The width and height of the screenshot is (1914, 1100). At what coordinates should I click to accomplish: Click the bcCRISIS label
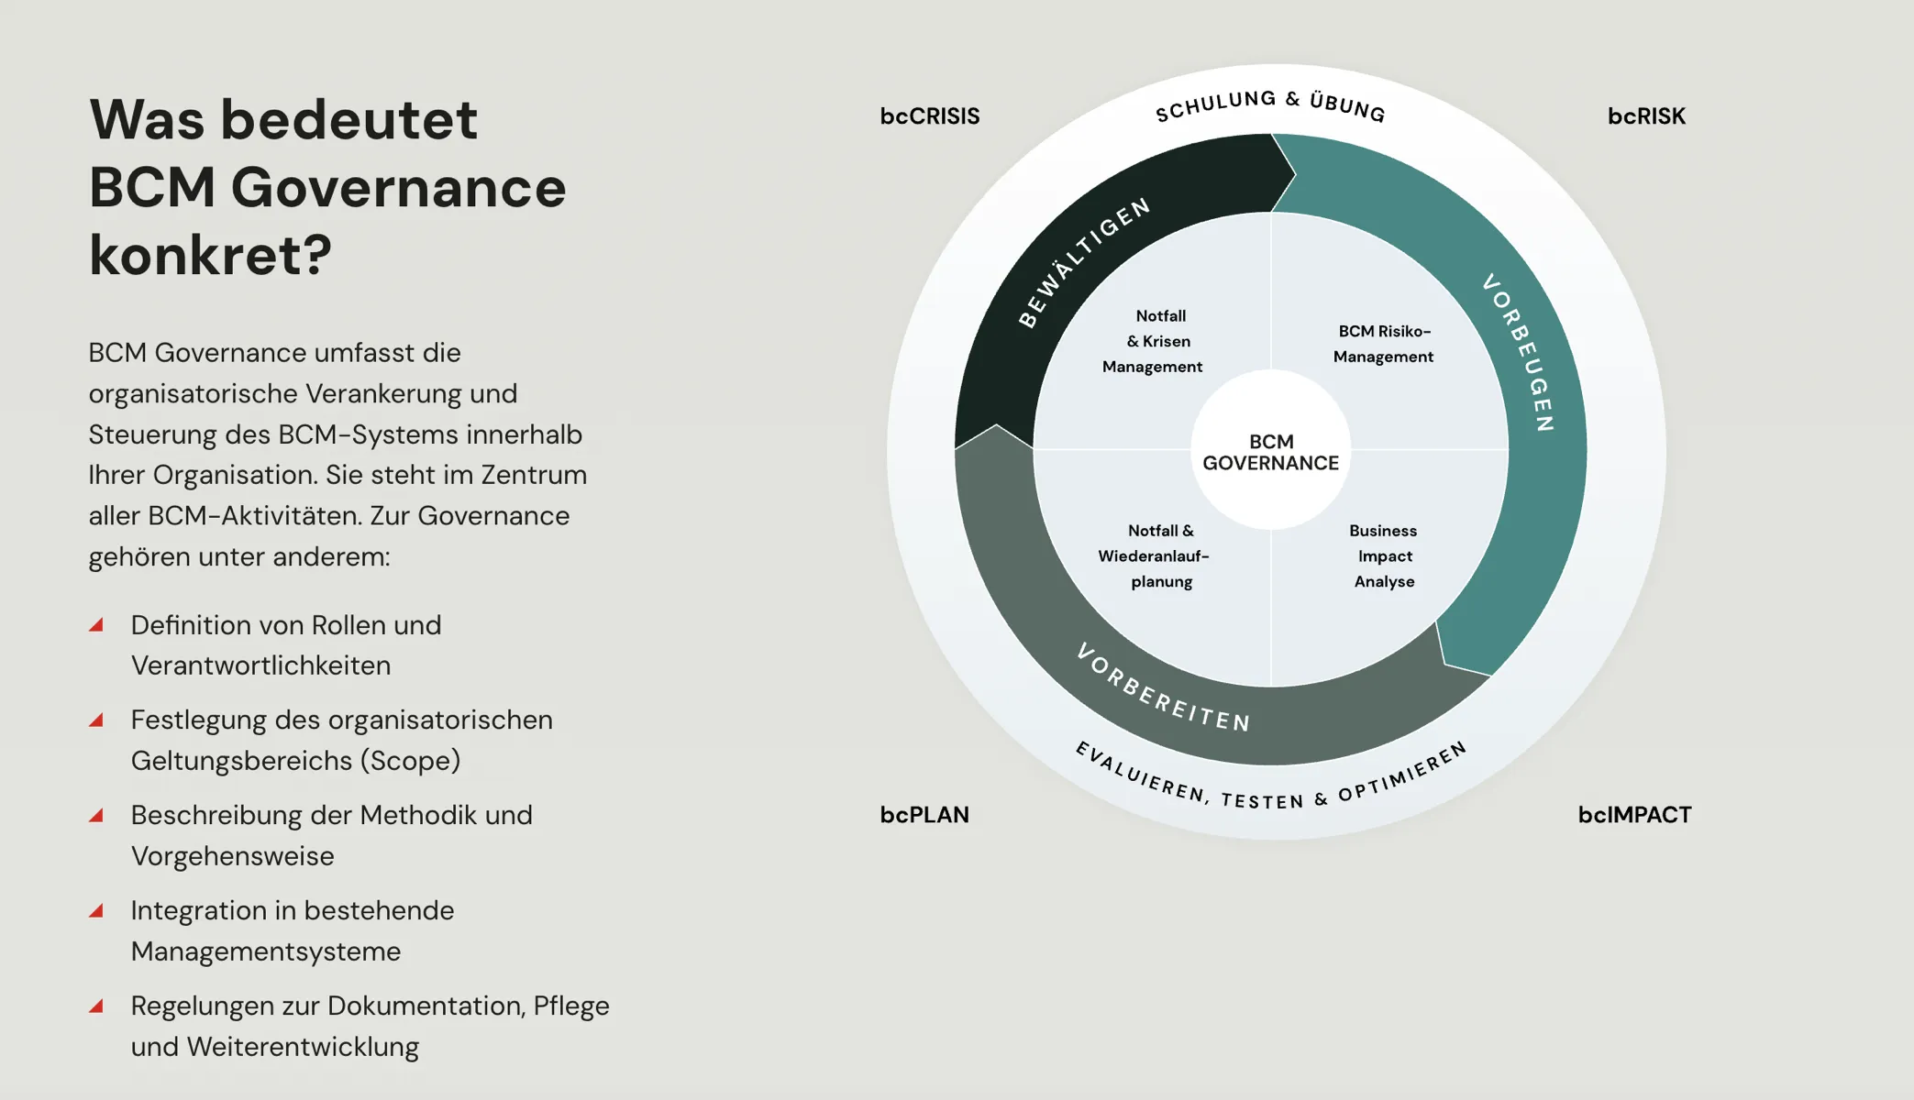929,116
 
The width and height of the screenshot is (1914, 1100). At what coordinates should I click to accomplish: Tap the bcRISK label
1646,116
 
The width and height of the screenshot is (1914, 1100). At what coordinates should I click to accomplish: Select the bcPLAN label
924,815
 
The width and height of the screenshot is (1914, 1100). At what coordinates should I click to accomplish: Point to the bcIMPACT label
1634,815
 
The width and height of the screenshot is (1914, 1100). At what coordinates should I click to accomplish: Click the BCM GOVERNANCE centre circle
1270,452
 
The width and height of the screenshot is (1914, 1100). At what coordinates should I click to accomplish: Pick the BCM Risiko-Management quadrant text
1383,344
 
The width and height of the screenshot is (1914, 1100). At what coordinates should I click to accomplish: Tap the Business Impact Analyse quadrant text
1384,555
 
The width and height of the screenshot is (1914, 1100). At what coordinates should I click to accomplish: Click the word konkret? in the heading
210,255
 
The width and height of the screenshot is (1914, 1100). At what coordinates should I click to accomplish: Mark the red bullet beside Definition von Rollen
96,625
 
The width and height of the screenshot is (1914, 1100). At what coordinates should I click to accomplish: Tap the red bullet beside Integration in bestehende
96,910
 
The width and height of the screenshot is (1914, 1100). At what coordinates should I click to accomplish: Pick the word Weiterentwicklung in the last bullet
303,1047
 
